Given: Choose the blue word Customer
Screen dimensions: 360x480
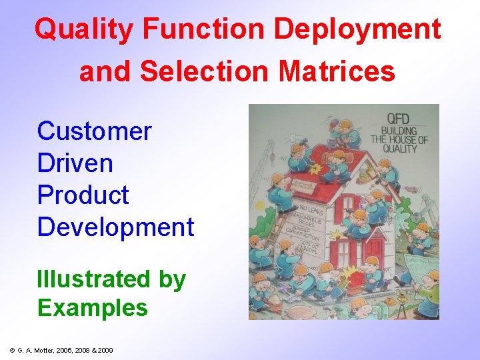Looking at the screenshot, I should click(x=95, y=131).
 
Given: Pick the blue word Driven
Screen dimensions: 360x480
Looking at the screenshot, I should click(x=75, y=163).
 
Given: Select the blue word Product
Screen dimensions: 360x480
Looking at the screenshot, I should click(x=83, y=195).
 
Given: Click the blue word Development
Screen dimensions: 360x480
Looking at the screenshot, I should click(x=115, y=227).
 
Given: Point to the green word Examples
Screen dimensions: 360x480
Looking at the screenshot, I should click(x=93, y=308).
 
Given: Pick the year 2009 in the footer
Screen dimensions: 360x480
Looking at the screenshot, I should click(x=105, y=350).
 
